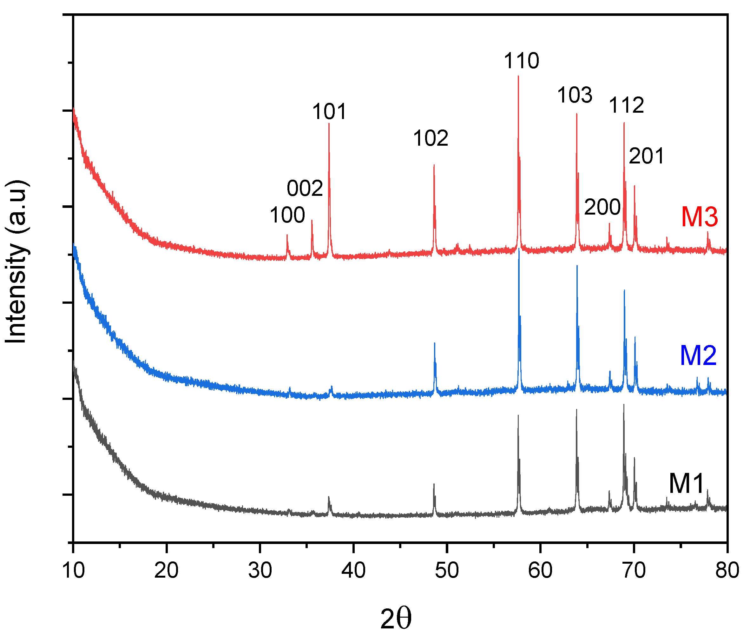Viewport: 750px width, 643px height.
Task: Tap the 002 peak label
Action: click(305, 189)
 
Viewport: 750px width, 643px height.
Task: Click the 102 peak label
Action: click(431, 138)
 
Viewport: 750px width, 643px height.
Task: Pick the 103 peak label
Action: click(575, 95)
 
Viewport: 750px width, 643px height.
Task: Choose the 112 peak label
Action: click(627, 105)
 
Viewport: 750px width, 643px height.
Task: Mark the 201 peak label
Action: click(647, 156)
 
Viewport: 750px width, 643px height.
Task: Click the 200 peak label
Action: click(602, 208)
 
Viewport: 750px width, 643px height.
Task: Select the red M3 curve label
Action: click(699, 217)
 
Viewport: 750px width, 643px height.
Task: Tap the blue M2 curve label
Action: click(698, 355)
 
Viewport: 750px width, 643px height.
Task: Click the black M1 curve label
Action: click(686, 483)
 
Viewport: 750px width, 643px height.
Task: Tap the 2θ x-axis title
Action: click(396, 620)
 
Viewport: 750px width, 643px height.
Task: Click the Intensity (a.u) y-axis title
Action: click(16, 262)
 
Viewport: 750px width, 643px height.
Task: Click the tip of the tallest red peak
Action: click(518, 76)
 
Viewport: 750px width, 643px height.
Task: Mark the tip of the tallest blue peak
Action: click(519, 249)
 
